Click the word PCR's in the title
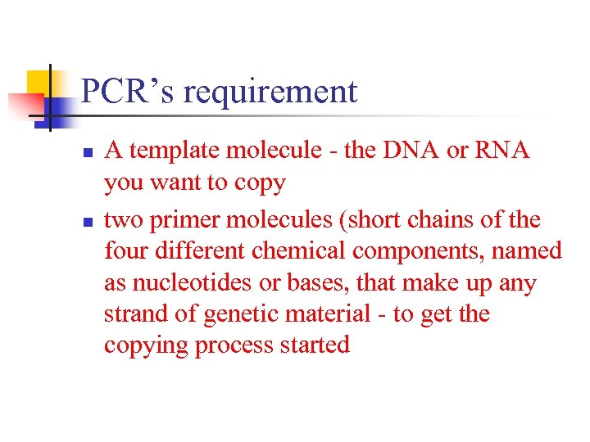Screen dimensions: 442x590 128,92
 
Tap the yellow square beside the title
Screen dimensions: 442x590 39,83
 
